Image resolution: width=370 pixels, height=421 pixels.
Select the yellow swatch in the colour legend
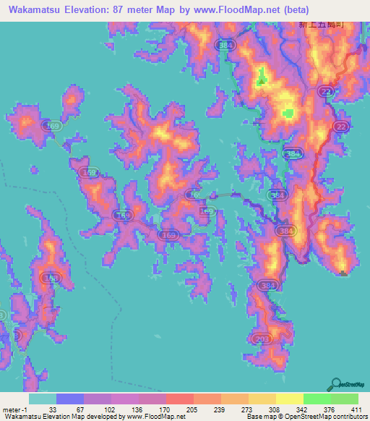(289, 399)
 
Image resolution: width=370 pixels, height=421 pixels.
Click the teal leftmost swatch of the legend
(42, 399)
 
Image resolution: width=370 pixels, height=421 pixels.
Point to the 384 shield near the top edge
(223, 45)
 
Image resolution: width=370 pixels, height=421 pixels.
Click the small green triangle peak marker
(343, 272)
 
